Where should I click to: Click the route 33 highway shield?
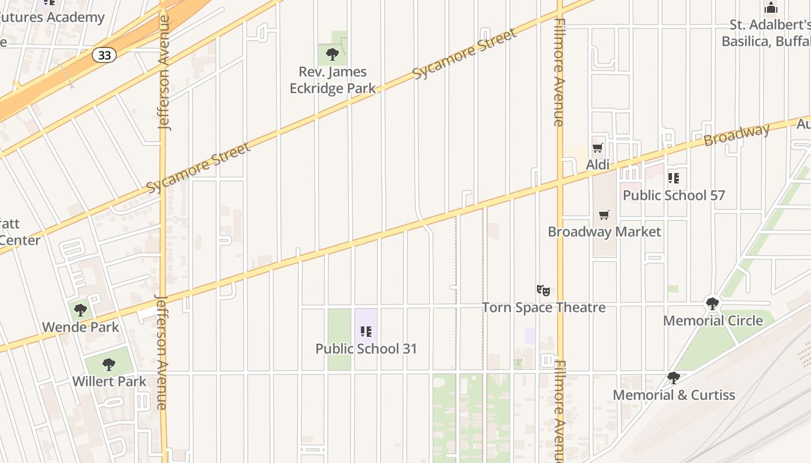(104, 55)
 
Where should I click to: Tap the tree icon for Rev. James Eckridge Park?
(333, 54)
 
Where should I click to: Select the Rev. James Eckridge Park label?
(333, 80)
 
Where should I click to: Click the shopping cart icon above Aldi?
(598, 148)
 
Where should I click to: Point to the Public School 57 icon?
(674, 178)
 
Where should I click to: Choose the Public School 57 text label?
(674, 196)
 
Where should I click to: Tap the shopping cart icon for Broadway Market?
(604, 215)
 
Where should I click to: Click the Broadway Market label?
(604, 232)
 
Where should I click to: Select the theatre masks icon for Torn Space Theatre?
(543, 290)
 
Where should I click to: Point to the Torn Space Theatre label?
(544, 307)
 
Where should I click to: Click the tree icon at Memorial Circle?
(713, 303)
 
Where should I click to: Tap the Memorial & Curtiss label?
(674, 395)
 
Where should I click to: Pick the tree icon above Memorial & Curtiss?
(673, 378)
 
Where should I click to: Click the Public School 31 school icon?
(366, 332)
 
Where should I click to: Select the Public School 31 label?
(366, 349)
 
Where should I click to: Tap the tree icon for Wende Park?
(81, 310)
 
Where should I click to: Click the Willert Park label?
(109, 382)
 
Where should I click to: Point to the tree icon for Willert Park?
(108, 365)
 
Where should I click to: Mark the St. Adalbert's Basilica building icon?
(771, 8)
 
